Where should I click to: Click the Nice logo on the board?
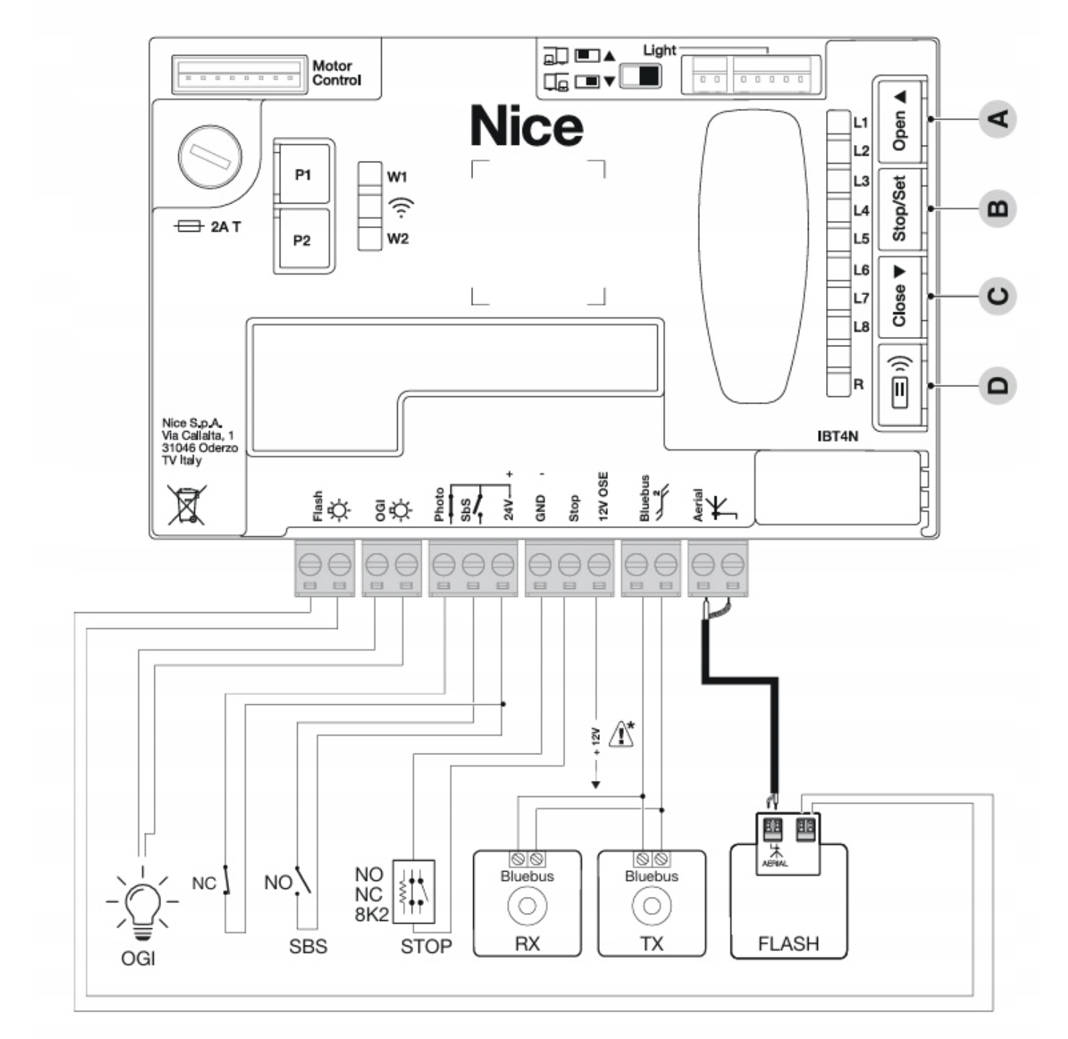pos(527,127)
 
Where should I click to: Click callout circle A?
pos(998,119)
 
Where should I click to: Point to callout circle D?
pos(998,385)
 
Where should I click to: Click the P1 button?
pos(303,175)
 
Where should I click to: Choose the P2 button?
pos(303,240)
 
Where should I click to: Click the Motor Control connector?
pos(238,74)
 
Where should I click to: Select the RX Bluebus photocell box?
pos(527,904)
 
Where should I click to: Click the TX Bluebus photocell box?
pos(651,904)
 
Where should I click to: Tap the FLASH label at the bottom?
pos(788,944)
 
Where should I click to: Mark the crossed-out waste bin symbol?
pos(187,504)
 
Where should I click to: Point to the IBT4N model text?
pos(838,436)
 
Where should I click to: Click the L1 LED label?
pos(860,122)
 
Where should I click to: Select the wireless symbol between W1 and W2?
pos(401,207)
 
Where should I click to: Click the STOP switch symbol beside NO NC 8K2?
pos(414,892)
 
